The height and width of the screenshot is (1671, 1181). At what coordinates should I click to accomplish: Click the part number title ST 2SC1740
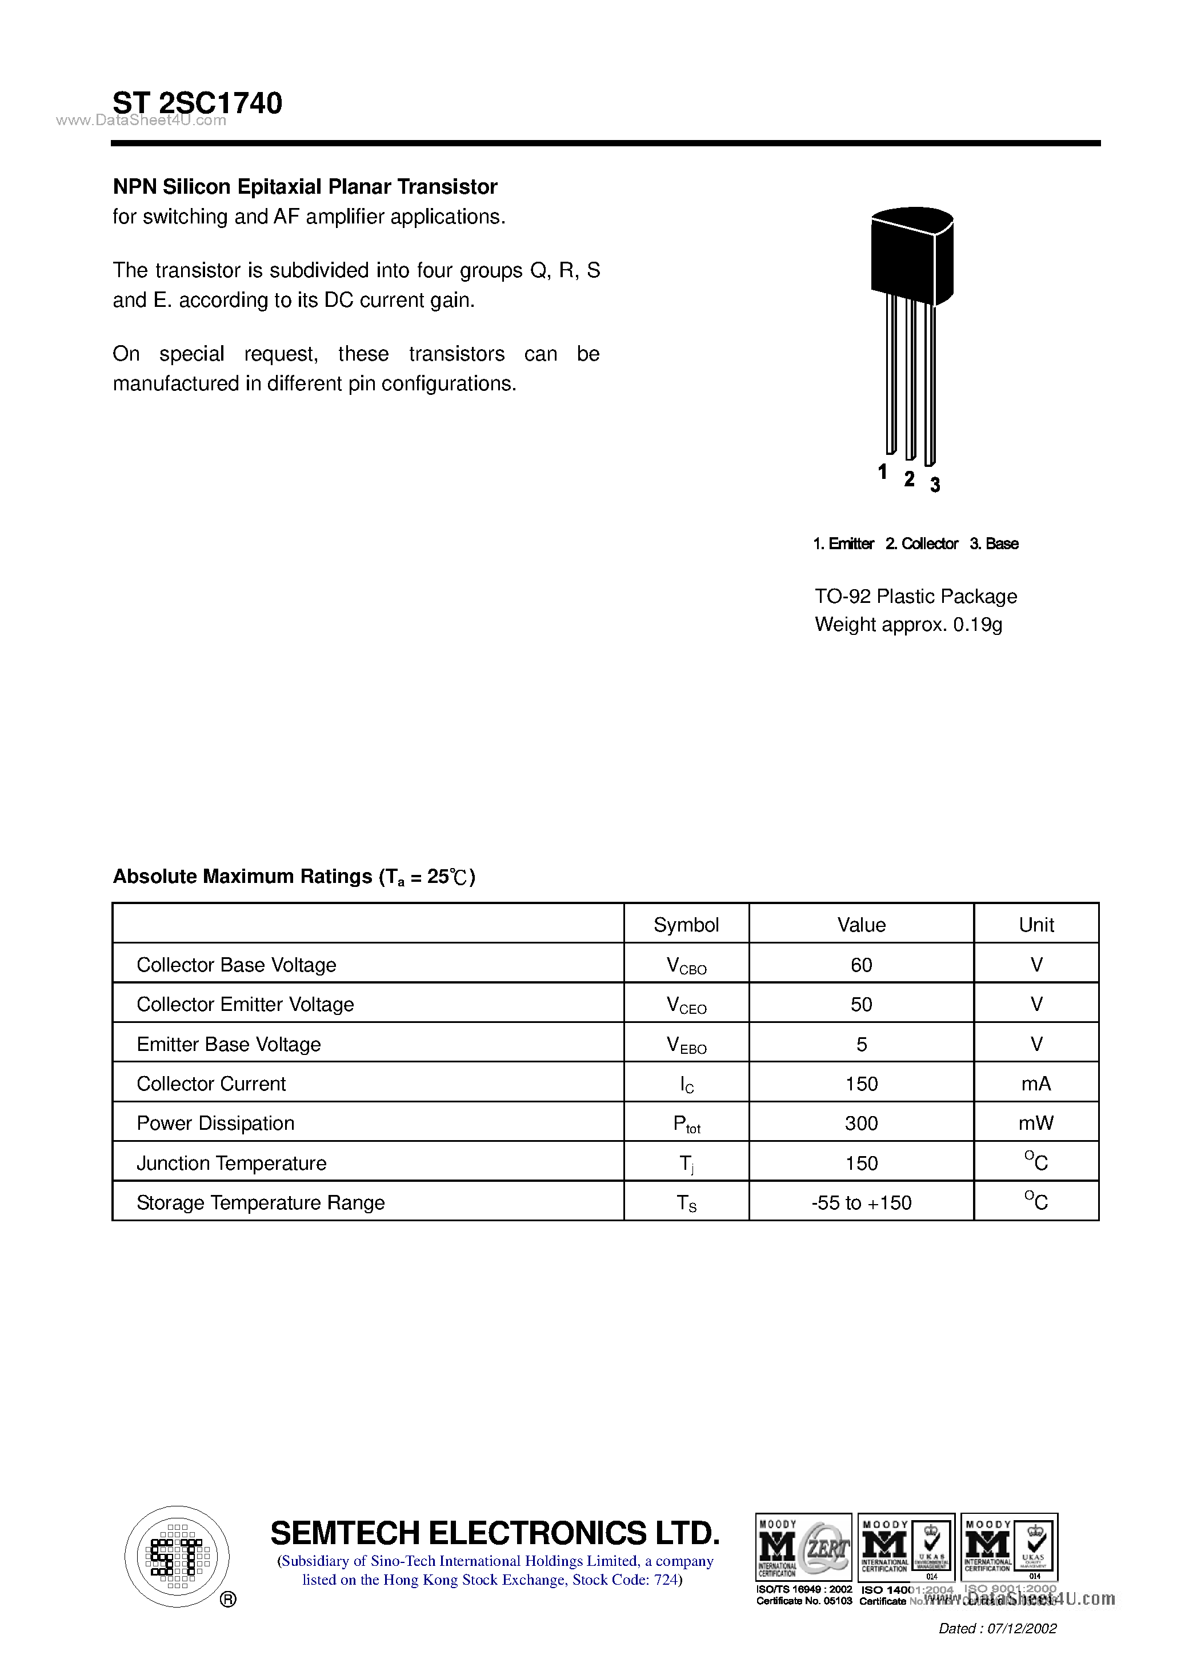coord(197,103)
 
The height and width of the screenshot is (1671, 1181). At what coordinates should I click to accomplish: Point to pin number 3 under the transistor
coord(935,485)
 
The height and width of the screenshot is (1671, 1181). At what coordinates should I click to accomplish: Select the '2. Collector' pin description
coord(921,543)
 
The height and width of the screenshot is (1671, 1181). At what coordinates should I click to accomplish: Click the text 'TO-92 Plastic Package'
coord(915,596)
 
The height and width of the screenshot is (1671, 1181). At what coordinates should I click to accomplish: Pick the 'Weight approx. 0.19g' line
coord(908,625)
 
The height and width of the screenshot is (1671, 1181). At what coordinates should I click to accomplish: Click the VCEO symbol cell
coord(686,1005)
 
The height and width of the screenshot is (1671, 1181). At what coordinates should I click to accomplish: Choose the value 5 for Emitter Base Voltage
coord(861,1045)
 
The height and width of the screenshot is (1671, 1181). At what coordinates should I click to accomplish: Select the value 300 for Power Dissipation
coord(861,1123)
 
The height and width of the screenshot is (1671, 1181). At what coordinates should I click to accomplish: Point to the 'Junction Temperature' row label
coord(231,1163)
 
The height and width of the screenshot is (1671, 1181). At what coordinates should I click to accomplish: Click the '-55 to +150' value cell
coord(861,1202)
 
